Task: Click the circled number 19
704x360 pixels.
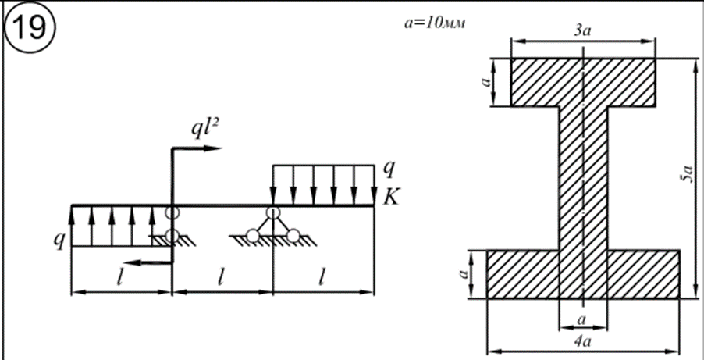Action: (30, 27)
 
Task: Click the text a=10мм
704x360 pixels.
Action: (434, 22)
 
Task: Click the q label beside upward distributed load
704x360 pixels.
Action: (59, 239)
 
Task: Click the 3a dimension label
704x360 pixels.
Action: (582, 30)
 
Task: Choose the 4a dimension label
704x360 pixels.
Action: (582, 341)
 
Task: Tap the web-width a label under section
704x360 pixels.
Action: (582, 320)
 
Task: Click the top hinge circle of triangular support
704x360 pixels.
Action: (272, 212)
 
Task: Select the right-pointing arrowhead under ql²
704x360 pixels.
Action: (213, 148)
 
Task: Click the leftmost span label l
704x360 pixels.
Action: (119, 279)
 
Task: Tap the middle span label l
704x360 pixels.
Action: (221, 279)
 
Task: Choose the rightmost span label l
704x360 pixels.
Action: (322, 279)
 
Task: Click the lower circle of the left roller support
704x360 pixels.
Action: (172, 236)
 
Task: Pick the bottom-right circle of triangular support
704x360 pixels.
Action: (293, 236)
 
